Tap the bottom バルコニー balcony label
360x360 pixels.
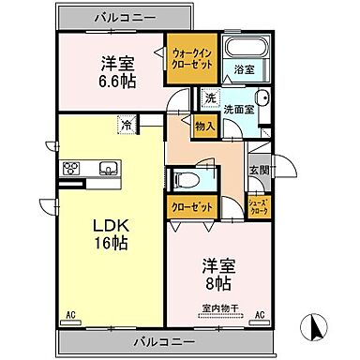click(x=162, y=341)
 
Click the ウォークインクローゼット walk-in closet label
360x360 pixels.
click(x=192, y=59)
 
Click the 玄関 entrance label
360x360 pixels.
click(x=258, y=170)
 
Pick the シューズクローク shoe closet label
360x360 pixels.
click(x=258, y=209)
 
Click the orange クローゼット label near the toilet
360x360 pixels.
click(x=191, y=207)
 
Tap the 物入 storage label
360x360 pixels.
click(x=204, y=126)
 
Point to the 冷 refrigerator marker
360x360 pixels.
click(x=126, y=124)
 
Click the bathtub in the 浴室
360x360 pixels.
click(x=248, y=50)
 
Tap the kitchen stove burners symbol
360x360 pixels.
click(x=71, y=169)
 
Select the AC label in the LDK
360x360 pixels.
click(x=70, y=316)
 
